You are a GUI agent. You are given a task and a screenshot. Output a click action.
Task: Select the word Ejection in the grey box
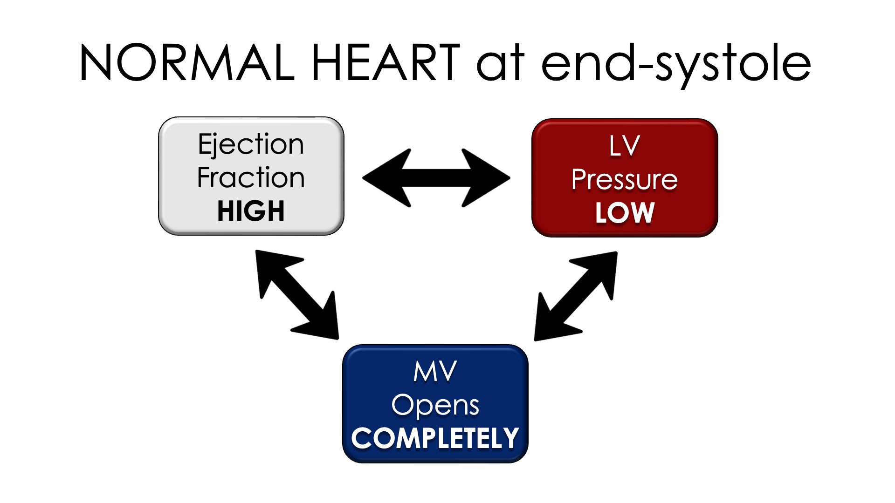[251, 144]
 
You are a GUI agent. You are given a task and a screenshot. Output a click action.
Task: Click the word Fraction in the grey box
[251, 178]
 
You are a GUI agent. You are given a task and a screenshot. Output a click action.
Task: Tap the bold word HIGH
[251, 211]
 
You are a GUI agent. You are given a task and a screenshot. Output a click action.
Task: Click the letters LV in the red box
[624, 146]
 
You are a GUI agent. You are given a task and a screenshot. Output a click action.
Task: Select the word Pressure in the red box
[624, 180]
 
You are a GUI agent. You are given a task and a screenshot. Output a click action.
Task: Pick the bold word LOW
[625, 213]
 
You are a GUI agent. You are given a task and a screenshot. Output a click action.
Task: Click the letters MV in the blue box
[435, 372]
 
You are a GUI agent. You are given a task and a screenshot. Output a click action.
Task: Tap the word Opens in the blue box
[435, 405]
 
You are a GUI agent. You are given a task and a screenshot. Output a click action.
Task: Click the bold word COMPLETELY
[435, 439]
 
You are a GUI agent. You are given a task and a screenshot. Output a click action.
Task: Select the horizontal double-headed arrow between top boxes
[436, 178]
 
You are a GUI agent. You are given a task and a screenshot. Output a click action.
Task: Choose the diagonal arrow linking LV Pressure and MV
[576, 296]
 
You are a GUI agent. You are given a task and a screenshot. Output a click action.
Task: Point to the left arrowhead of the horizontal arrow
[387, 178]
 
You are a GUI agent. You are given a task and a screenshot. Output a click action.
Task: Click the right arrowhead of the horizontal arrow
[487, 178]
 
